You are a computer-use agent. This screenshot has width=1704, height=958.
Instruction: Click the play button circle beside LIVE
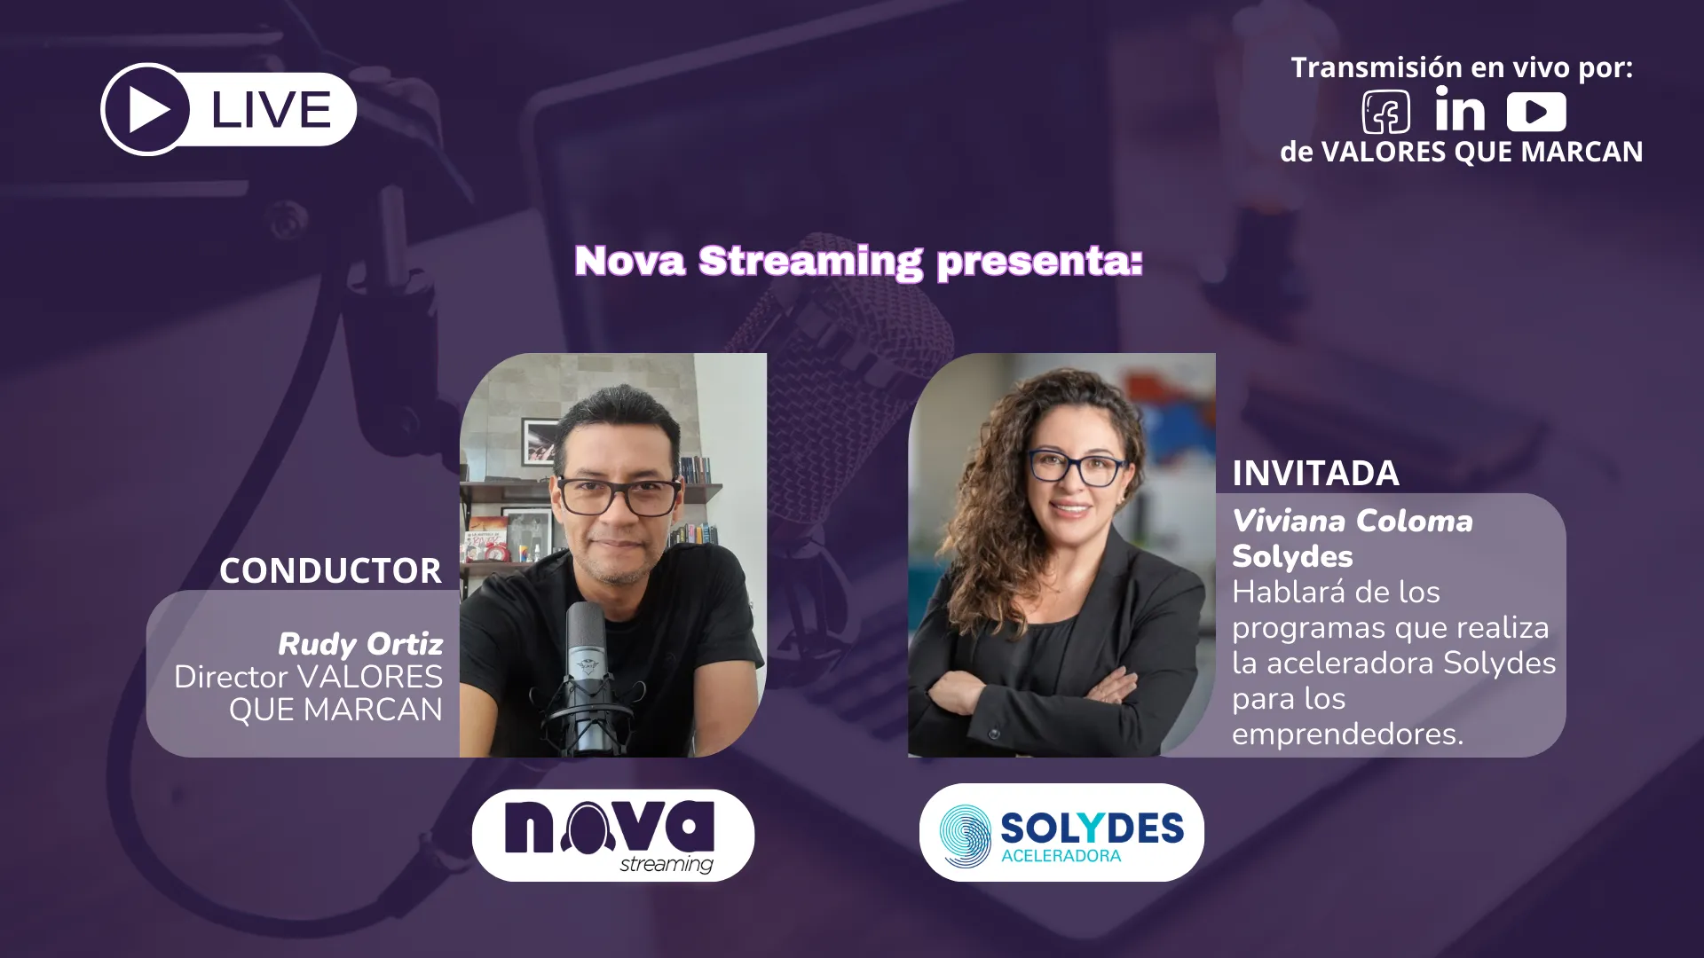point(146,110)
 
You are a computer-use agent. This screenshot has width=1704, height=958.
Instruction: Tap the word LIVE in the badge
point(271,110)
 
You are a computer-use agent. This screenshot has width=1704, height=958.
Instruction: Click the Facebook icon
point(1385,113)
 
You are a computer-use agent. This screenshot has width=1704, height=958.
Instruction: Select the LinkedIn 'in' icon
point(1459,110)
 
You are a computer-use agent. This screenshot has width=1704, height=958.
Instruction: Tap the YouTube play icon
point(1536,112)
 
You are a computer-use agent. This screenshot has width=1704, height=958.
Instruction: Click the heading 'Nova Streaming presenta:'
point(858,261)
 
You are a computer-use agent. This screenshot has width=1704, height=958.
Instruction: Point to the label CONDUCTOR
point(330,570)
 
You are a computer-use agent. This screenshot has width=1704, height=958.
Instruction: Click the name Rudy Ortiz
point(360,643)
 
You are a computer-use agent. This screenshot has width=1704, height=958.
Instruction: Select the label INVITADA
point(1315,474)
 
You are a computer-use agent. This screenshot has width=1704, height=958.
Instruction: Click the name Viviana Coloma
point(1353,521)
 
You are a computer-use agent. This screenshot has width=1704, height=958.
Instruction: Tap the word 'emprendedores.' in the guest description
point(1347,734)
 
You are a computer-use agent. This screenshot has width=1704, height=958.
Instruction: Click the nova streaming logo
point(613,836)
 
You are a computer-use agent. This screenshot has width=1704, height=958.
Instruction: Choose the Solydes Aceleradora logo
point(1061,832)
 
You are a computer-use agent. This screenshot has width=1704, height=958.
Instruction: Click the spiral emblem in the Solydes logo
point(965,836)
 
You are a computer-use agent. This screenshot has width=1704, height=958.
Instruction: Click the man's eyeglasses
point(619,497)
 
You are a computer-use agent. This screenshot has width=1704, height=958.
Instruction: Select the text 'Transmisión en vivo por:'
point(1462,67)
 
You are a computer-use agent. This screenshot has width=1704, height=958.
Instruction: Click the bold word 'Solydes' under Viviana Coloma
point(1292,557)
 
